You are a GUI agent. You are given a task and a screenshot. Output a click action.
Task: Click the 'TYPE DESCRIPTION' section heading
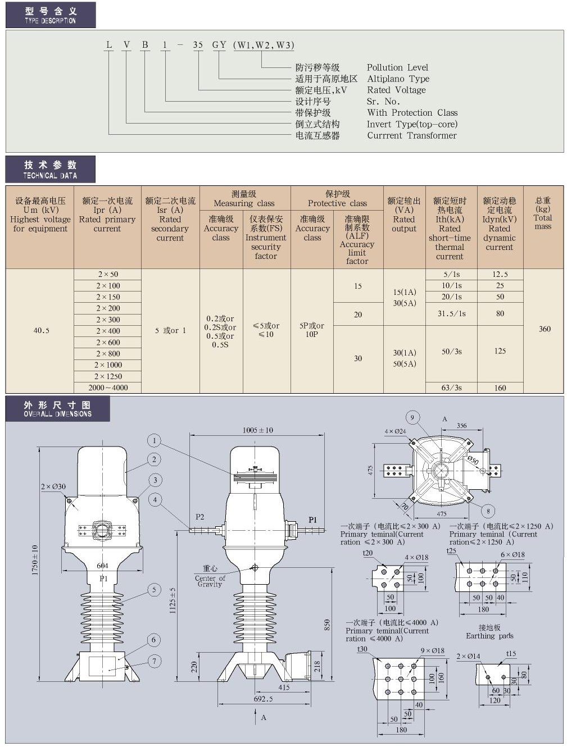pyautogui.click(x=50, y=15)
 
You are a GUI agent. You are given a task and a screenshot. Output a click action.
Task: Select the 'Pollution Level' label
pyautogui.click(x=397, y=67)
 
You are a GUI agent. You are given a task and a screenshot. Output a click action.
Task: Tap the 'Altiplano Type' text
pyautogui.click(x=398, y=79)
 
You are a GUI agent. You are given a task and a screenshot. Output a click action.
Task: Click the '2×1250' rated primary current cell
pyautogui.click(x=108, y=376)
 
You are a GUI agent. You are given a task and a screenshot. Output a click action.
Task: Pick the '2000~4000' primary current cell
pyautogui.click(x=108, y=388)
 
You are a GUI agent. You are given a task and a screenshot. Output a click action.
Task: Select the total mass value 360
pyautogui.click(x=545, y=329)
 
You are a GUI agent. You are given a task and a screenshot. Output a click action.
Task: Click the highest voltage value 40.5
pyautogui.click(x=41, y=331)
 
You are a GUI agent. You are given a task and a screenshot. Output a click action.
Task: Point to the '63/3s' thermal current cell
pyautogui.click(x=451, y=388)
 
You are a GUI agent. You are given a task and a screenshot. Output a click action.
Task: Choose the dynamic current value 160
pyautogui.click(x=500, y=388)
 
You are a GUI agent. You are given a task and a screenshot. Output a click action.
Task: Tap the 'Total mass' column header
pyautogui.click(x=543, y=213)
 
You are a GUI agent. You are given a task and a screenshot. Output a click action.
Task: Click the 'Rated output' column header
pyautogui.click(x=404, y=215)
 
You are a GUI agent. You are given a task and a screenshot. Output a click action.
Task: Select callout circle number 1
pyautogui.click(x=155, y=440)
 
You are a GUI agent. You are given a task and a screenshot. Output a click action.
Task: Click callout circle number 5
pyautogui.click(x=155, y=590)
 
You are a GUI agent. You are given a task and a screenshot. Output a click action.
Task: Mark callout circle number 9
pyautogui.click(x=412, y=417)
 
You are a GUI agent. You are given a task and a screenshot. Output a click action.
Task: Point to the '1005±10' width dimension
pyautogui.click(x=257, y=430)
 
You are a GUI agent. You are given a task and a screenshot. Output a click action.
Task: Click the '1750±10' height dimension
pyautogui.click(x=35, y=560)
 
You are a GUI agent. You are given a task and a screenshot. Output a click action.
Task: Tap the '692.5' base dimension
pyautogui.click(x=263, y=699)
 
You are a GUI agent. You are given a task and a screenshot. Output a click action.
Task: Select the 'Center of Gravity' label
pyautogui.click(x=210, y=577)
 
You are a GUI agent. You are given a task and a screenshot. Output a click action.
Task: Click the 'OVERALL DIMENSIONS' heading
pyautogui.click(x=57, y=409)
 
